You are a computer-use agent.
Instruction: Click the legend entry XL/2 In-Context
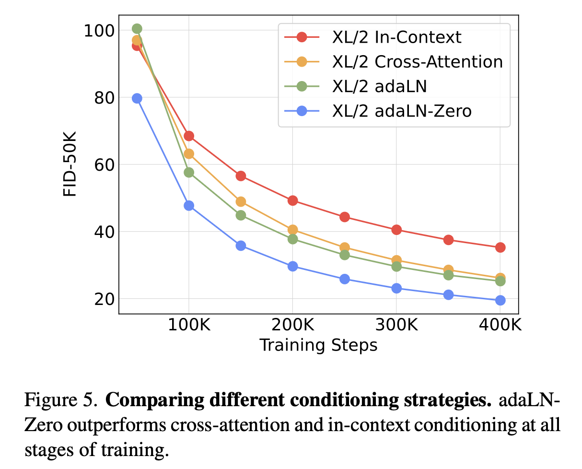pyautogui.click(x=396, y=37)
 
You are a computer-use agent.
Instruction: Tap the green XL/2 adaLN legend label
pyautogui.click(x=379, y=86)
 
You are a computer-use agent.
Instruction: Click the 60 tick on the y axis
pyautogui.click(x=102, y=165)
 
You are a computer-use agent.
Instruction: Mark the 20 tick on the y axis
pyautogui.click(x=102, y=299)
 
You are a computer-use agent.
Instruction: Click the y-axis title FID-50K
pyautogui.click(x=70, y=164)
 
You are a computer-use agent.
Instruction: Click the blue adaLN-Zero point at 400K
pyautogui.click(x=500, y=300)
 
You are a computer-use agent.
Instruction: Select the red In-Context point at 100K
pyautogui.click(x=189, y=136)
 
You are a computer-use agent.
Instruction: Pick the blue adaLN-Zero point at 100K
pyautogui.click(x=189, y=206)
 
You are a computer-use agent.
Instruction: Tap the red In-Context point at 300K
pyautogui.click(x=396, y=230)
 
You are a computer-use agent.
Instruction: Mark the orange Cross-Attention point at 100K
pyautogui.click(x=189, y=154)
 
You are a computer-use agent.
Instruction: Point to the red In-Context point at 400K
pyautogui.click(x=500, y=247)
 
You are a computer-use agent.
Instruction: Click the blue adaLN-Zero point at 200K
pyautogui.click(x=292, y=266)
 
